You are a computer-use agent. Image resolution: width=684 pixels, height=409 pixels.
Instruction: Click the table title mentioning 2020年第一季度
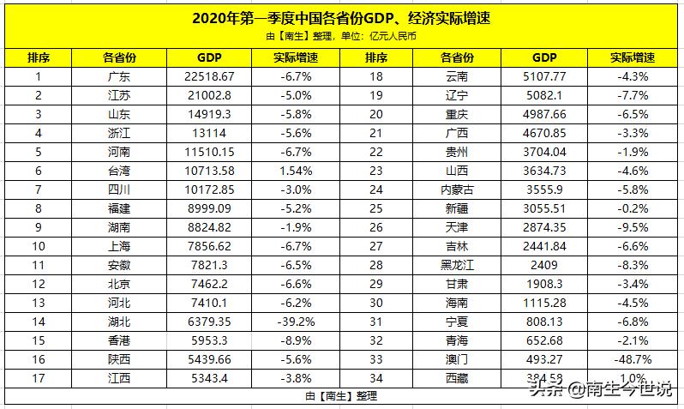coord(342,17)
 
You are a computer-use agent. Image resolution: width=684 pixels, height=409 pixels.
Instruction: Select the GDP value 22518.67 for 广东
coord(209,76)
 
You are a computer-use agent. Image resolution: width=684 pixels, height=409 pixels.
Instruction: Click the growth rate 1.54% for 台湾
coord(297,171)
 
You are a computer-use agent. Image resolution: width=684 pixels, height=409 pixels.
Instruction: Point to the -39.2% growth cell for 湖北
coord(297,322)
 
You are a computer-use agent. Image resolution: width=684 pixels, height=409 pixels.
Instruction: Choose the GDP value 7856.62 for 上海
coord(209,246)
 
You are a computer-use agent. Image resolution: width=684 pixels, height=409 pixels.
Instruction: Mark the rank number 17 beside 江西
coord(39,378)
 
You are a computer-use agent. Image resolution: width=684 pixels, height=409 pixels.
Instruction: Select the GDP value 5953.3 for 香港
coord(209,340)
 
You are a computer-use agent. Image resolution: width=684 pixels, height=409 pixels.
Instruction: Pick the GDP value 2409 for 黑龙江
coord(544,265)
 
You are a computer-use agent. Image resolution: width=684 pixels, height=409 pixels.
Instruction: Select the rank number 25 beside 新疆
coord(375,208)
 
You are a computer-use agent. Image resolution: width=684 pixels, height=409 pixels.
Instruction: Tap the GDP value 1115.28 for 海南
coord(544,303)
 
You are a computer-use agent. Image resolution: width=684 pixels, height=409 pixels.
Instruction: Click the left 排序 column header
coord(39,57)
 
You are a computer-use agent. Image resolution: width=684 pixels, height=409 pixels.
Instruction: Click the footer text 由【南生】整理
coord(341,396)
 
